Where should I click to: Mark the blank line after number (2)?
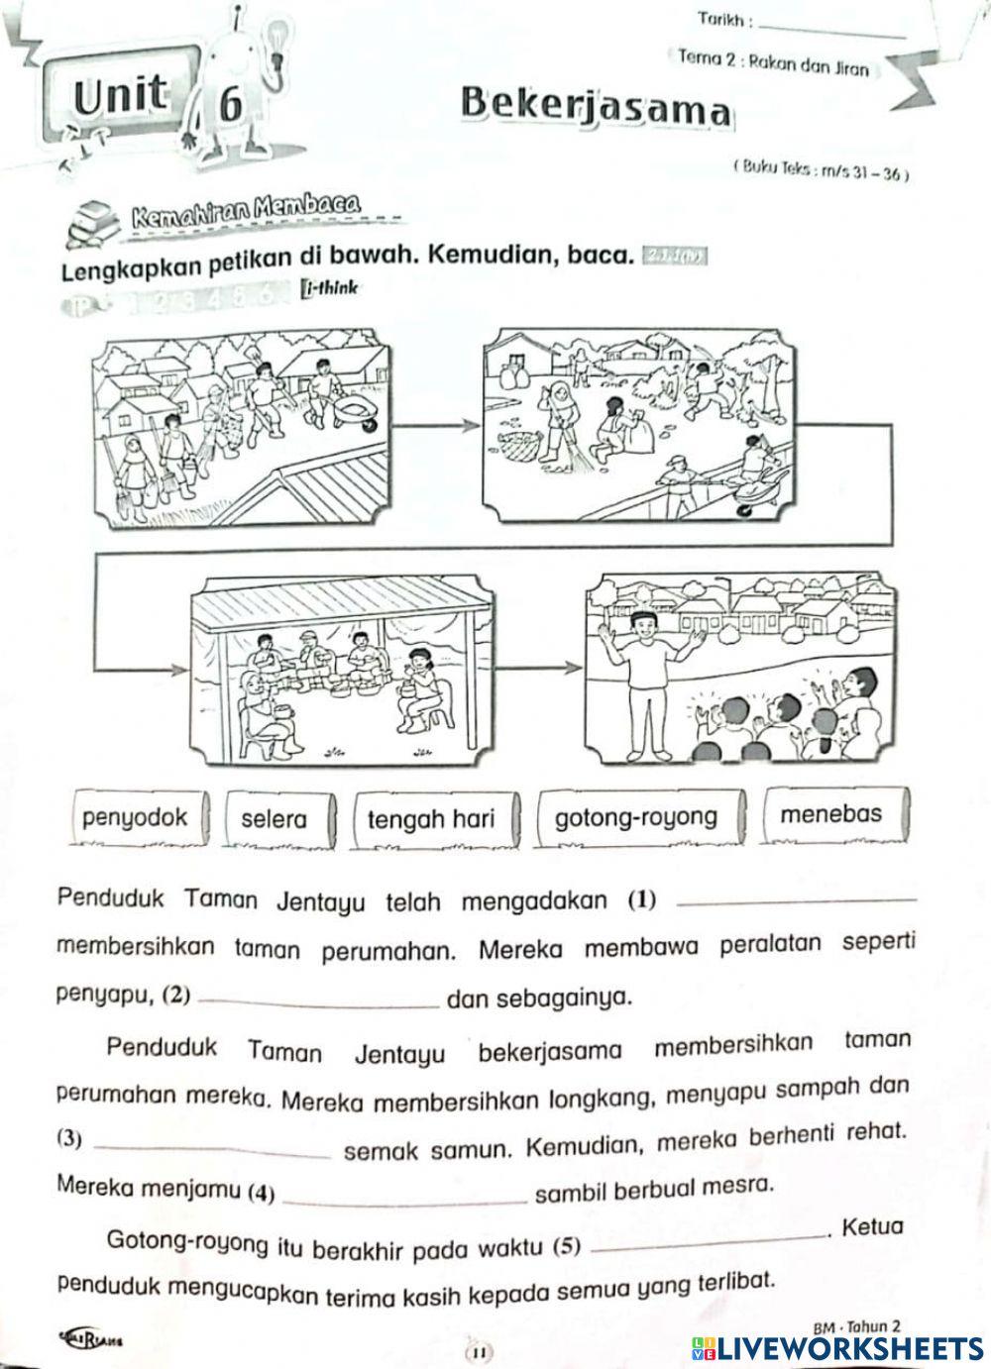click(319, 1001)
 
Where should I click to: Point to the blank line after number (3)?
click(217, 1150)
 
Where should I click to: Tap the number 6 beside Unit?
click(229, 103)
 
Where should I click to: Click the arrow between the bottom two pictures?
click(540, 666)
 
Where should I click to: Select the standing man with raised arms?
click(646, 674)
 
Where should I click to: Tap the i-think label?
click(329, 288)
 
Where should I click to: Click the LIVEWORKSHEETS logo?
click(837, 1348)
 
